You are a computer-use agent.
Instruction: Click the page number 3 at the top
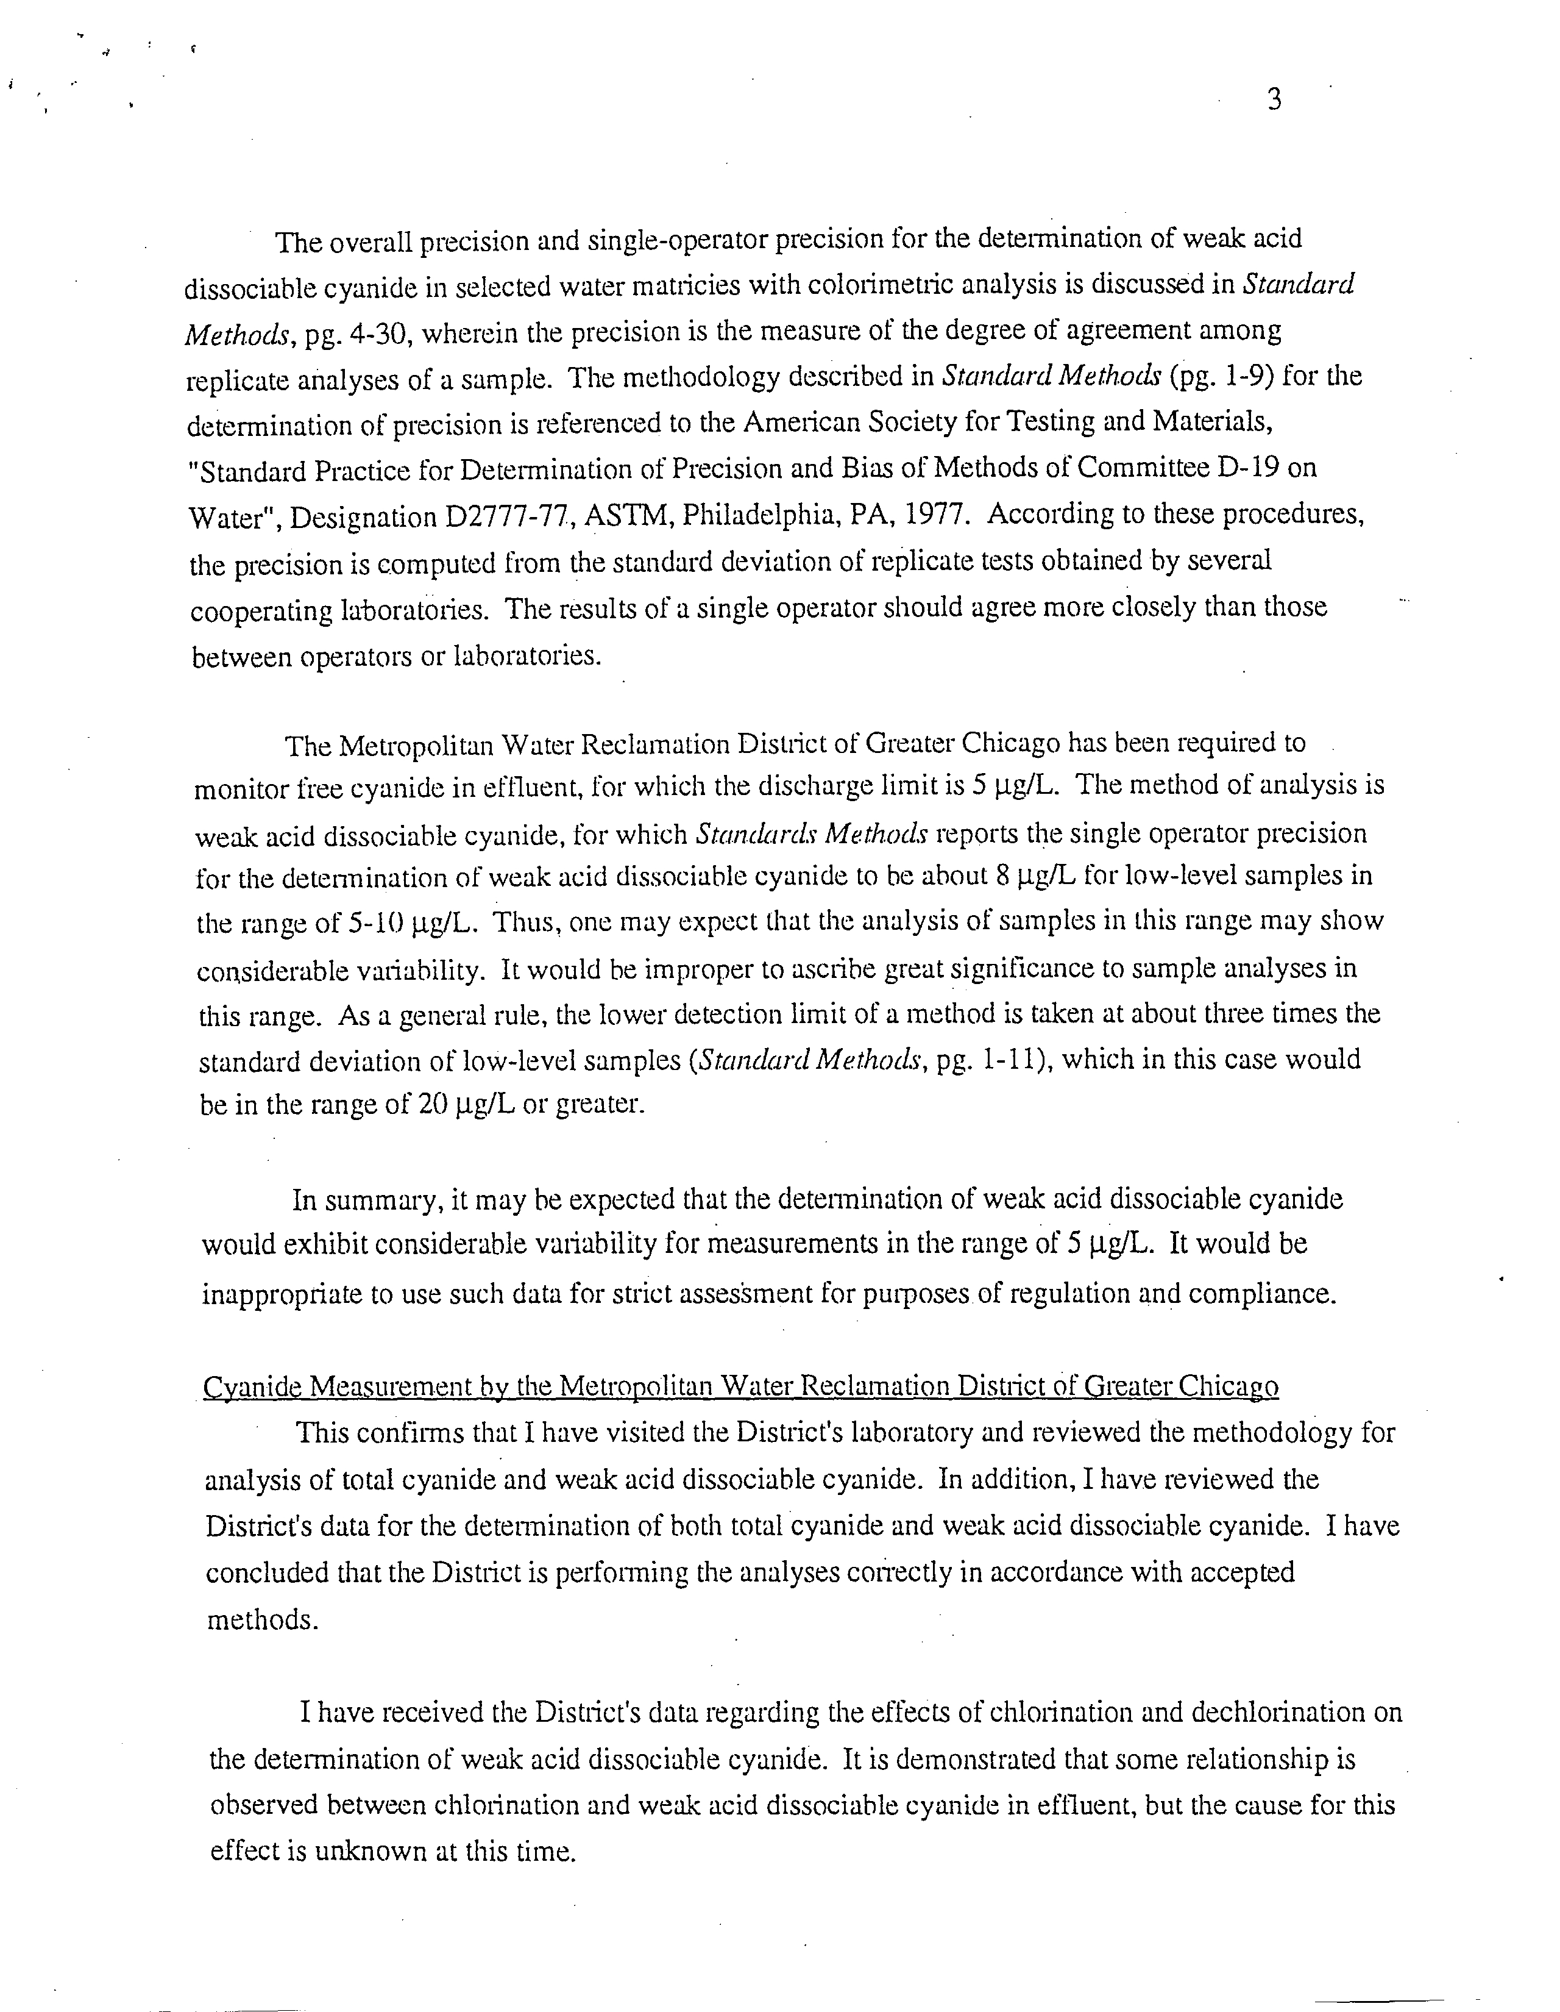[x=1275, y=99]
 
